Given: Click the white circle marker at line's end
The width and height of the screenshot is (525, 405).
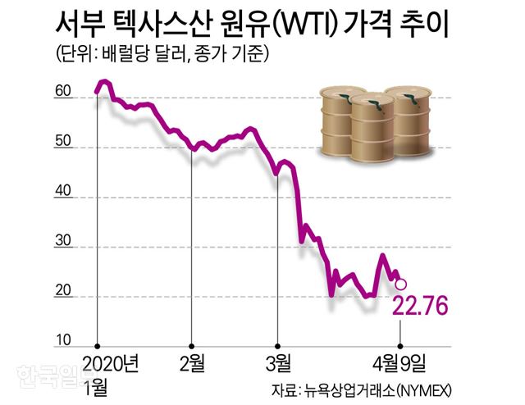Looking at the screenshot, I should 400,284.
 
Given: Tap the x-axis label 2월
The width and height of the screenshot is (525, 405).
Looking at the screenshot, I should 191,362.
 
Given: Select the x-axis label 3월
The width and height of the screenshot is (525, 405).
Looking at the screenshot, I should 278,362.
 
